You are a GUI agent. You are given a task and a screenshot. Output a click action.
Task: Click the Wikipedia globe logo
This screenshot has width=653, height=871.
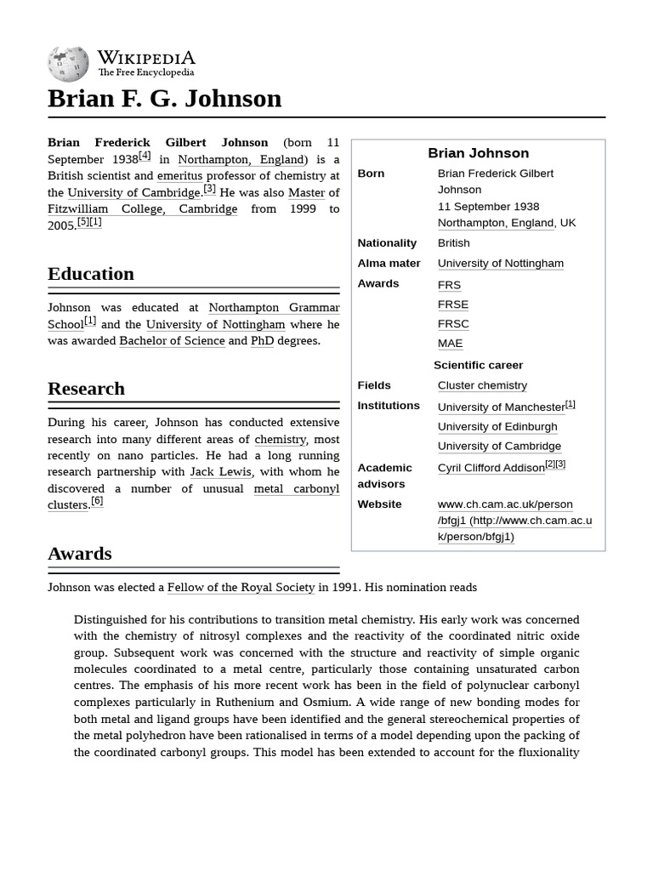pos(68,64)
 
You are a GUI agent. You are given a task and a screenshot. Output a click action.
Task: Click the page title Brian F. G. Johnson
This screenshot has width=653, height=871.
pos(164,99)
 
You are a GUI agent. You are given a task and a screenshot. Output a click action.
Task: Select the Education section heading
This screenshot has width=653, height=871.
pos(91,274)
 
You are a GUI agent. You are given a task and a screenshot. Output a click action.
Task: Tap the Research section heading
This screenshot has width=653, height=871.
pos(86,389)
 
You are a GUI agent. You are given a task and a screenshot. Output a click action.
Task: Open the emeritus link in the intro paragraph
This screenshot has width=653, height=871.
pos(179,176)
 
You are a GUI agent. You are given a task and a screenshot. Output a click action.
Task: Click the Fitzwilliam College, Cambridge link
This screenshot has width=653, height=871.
pos(142,209)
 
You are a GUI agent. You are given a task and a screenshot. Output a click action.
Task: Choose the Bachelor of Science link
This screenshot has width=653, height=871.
pos(172,341)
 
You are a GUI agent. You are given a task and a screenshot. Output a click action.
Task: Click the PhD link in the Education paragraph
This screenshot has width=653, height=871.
pos(262,341)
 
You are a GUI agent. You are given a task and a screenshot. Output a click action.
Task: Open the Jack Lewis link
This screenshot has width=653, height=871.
pos(220,472)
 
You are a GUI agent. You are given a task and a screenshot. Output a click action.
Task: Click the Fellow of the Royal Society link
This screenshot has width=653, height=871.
pos(241,588)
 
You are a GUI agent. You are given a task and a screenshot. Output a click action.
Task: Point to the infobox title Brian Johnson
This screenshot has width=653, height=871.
pos(478,153)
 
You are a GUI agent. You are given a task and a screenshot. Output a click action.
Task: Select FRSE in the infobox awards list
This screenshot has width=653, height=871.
pos(452,305)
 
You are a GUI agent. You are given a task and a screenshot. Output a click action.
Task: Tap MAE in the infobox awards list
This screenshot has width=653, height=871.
pos(450,344)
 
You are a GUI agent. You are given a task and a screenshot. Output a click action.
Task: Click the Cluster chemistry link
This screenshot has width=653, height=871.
pos(482,385)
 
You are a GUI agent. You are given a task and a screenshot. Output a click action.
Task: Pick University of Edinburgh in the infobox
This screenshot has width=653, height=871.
pos(497,427)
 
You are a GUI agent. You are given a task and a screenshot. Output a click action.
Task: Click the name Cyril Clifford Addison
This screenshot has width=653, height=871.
pos(491,468)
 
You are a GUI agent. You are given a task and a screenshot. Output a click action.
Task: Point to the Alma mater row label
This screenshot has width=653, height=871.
pos(389,263)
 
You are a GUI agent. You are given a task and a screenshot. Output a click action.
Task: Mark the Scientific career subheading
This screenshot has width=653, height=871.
pos(478,365)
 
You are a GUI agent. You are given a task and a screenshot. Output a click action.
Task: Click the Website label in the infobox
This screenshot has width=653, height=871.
pos(379,504)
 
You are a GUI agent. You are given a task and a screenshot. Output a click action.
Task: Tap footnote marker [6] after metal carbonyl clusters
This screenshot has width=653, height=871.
pos(97,501)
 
